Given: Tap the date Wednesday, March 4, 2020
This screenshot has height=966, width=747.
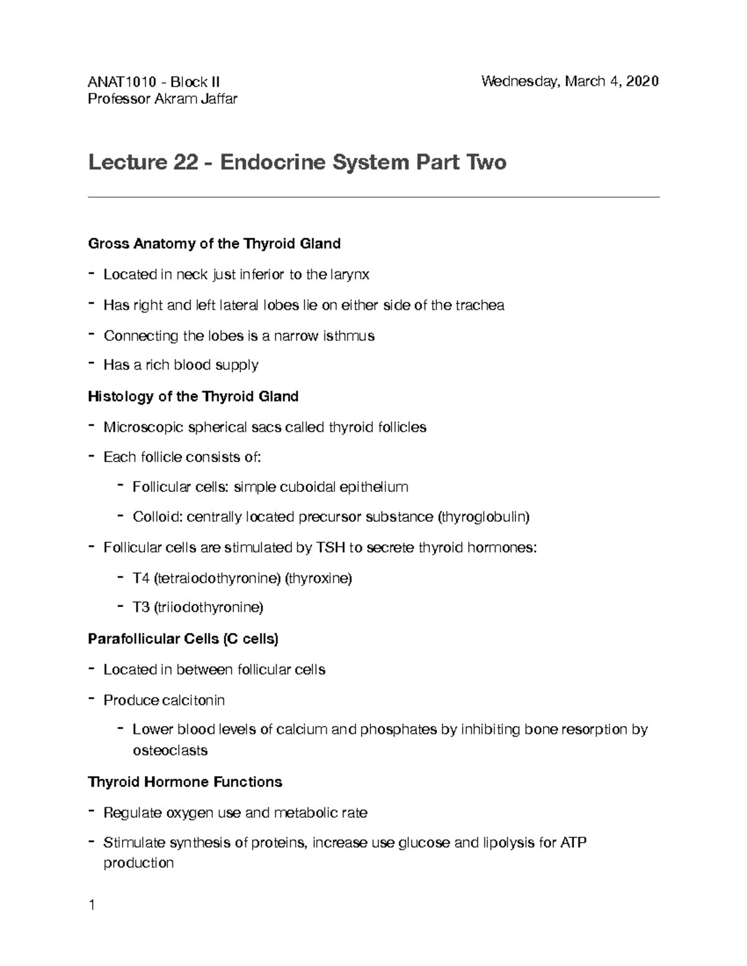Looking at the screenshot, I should point(570,81).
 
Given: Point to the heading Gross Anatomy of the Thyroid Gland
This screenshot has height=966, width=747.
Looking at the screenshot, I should point(214,243).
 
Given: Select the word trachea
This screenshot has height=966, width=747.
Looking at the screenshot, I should point(480,305).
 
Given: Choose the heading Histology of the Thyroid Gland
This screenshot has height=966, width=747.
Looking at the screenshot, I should point(193,396).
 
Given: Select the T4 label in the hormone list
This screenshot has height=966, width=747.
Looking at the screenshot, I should point(141,578).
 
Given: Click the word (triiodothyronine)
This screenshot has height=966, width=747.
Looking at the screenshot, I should point(209,608).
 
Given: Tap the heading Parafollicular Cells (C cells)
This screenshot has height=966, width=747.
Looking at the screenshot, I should point(183,639).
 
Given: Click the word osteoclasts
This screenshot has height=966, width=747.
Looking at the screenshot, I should point(170,750).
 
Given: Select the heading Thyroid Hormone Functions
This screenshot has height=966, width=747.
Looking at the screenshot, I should point(185,782).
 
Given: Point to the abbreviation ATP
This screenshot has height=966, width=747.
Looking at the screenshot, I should point(573,843).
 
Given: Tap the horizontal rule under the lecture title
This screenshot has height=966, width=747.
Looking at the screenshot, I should point(374,197).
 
